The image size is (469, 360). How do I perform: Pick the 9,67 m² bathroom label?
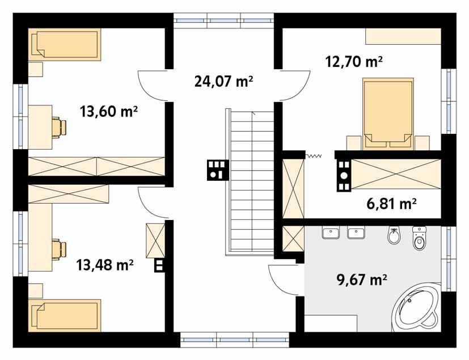tap(361, 279)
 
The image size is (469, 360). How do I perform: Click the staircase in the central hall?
tap(251, 181)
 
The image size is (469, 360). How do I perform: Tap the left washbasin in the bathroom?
tap(331, 232)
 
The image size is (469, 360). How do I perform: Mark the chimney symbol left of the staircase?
tap(217, 168)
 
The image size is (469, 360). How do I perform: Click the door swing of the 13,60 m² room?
tap(151, 85)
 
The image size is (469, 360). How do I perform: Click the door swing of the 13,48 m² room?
tap(152, 202)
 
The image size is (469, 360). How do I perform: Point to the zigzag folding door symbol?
tap(313, 155)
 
